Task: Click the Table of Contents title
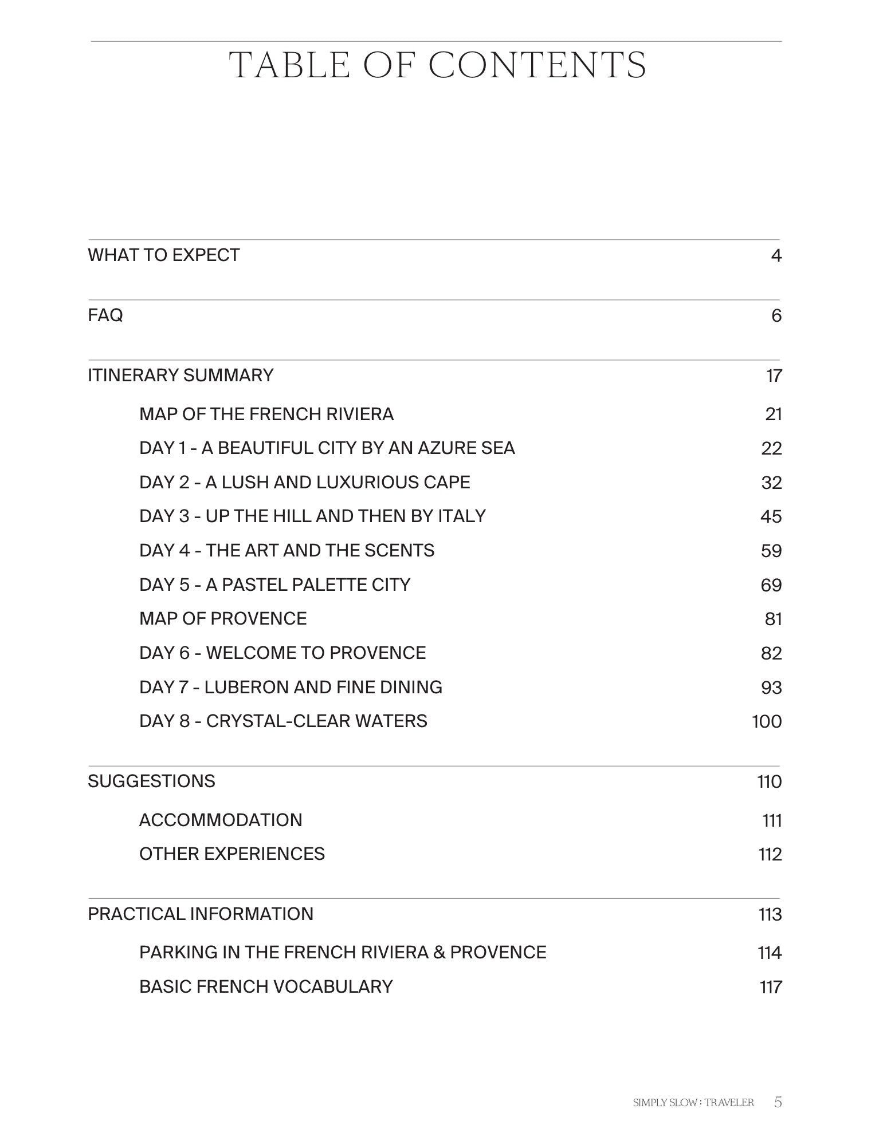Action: click(x=437, y=65)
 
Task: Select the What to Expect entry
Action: click(x=164, y=255)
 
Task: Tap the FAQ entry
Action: click(x=105, y=315)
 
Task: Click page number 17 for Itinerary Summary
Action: click(x=774, y=376)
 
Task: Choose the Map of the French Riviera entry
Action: click(x=266, y=414)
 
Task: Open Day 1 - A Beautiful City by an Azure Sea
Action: click(x=327, y=448)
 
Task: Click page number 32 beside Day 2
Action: click(x=771, y=483)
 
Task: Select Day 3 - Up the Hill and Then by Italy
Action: click(x=312, y=516)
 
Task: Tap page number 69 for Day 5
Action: click(x=771, y=586)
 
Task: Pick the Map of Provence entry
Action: click(x=223, y=619)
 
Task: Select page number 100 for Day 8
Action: click(x=767, y=721)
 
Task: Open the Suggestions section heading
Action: click(x=152, y=781)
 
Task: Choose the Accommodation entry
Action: click(x=221, y=820)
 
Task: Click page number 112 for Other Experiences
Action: click(x=770, y=855)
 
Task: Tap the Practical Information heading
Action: click(x=201, y=914)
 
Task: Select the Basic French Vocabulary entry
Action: click(x=266, y=987)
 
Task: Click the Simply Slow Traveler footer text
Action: click(x=693, y=1103)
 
